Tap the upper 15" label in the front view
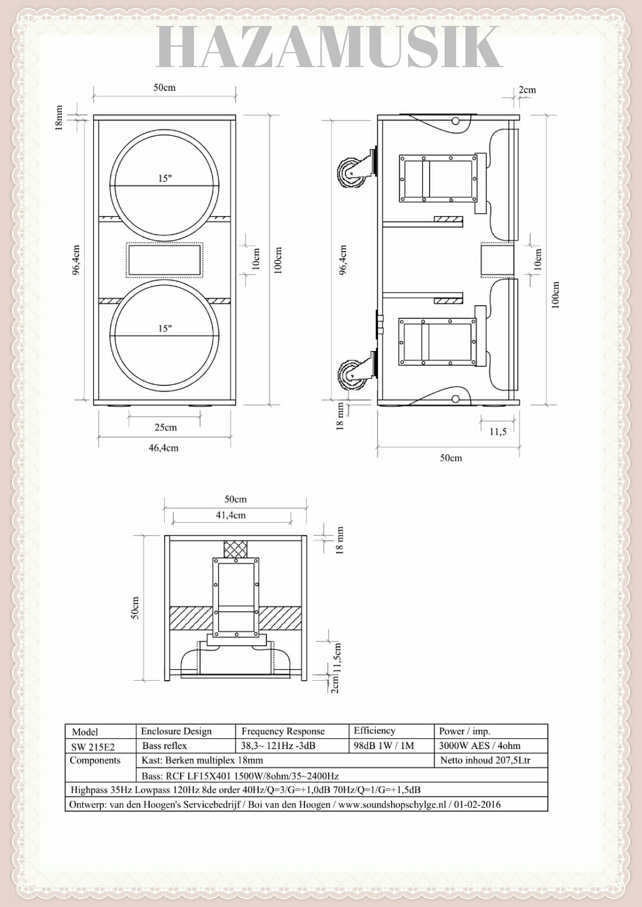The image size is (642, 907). coord(165,178)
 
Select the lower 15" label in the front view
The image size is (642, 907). coord(165,328)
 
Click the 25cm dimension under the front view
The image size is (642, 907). coord(165,427)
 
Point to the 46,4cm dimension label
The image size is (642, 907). coord(163,448)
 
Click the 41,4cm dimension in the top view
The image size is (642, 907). coord(231,516)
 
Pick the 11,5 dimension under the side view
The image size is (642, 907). coord(498,432)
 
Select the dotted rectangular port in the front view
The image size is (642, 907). coord(165,260)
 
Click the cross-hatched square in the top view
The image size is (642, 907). coord(235,549)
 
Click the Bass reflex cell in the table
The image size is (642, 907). coord(165,745)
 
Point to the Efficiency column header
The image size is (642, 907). coord(374,731)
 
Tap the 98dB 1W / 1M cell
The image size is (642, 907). coord(384,745)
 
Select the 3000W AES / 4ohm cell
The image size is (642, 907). coord(480,745)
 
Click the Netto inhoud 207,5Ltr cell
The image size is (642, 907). coord(485,760)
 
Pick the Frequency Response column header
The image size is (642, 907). coord(284,731)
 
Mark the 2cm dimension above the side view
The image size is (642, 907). coord(527,90)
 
